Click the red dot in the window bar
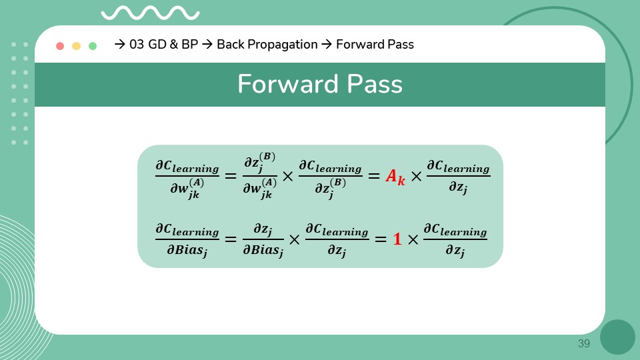click(x=60, y=46)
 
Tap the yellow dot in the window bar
click(x=76, y=46)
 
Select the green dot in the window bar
click(x=93, y=46)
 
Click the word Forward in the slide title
click(x=281, y=85)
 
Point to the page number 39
click(x=584, y=344)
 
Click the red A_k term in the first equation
click(x=395, y=177)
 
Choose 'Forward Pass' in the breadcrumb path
click(x=375, y=45)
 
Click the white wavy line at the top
click(x=149, y=13)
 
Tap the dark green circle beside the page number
click(x=617, y=337)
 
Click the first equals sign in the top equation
click(x=230, y=177)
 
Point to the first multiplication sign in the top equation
click(x=287, y=177)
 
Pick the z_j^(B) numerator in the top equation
click(x=259, y=163)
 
